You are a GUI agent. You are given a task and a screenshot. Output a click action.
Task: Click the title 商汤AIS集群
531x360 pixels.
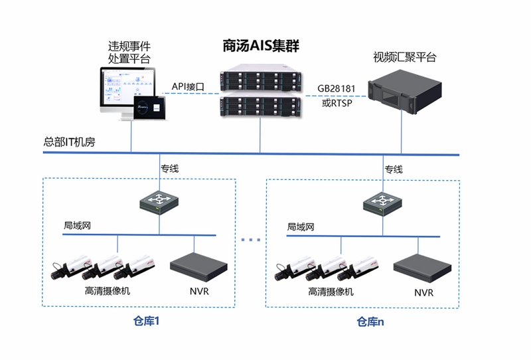[x=261, y=46]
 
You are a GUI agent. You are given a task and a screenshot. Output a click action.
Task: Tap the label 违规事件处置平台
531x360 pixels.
[x=129, y=52]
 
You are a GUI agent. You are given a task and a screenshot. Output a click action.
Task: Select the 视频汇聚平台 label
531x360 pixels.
[x=405, y=57]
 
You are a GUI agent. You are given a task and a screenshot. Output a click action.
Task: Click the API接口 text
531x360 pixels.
[x=188, y=86]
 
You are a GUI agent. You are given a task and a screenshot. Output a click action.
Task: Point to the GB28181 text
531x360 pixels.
[x=337, y=88]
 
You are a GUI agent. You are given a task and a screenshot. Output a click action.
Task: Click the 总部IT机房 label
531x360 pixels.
[x=70, y=141]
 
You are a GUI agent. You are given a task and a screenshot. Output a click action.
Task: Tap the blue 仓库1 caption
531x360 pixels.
[x=146, y=321]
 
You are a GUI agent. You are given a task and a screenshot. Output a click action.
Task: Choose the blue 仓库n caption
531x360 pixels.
[x=370, y=321]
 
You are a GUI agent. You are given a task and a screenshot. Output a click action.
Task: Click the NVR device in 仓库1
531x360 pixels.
[x=198, y=267]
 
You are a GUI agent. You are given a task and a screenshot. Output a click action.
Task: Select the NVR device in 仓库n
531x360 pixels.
[x=422, y=268]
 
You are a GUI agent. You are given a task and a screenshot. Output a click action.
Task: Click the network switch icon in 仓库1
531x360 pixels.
[x=159, y=203]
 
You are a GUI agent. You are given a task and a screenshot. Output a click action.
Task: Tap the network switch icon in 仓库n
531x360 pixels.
[x=383, y=204]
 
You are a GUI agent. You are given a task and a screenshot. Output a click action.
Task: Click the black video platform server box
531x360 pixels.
[x=405, y=92]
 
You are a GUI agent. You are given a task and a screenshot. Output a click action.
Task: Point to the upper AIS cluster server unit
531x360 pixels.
[x=260, y=78]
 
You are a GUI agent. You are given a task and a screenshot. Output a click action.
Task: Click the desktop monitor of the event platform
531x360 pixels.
[x=127, y=92]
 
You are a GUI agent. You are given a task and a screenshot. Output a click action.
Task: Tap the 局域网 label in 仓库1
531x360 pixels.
[x=77, y=225]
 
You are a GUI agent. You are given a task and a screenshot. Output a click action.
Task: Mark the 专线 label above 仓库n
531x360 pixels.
[x=394, y=169]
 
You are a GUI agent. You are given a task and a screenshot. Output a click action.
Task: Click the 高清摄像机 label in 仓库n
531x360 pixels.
[x=331, y=292]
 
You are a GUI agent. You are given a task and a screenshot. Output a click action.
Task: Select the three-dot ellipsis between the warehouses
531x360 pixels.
[x=251, y=240]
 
